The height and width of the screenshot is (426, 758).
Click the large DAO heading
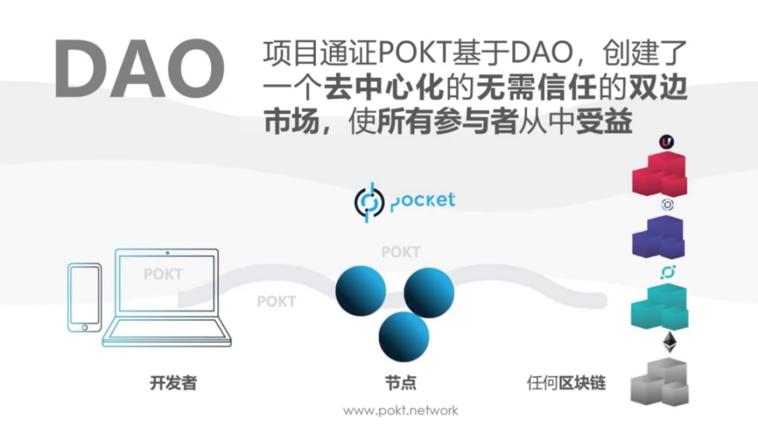(140, 69)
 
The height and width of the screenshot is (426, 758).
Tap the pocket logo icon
(370, 202)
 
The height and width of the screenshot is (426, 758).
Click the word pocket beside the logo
(423, 201)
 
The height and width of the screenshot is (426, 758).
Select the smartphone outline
(84, 297)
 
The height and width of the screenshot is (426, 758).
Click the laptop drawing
(167, 297)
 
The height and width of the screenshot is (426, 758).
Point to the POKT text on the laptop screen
(163, 274)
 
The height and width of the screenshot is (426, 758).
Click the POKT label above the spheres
(401, 252)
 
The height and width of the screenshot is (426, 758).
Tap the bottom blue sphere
(404, 336)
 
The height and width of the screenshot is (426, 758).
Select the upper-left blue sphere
(360, 290)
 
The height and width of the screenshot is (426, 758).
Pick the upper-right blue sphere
(429, 293)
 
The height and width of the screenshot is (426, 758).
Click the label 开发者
(174, 383)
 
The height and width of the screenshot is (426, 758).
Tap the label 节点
(401, 383)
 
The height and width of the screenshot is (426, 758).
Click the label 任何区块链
(566, 383)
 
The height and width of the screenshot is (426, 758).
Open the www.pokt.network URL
(401, 411)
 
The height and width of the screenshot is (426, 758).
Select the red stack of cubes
(660, 174)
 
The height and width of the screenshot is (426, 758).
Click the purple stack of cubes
(658, 238)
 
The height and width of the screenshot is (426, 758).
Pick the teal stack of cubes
(660, 306)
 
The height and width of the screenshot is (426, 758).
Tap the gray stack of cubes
(660, 382)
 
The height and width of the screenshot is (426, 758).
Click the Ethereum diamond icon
(670, 342)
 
